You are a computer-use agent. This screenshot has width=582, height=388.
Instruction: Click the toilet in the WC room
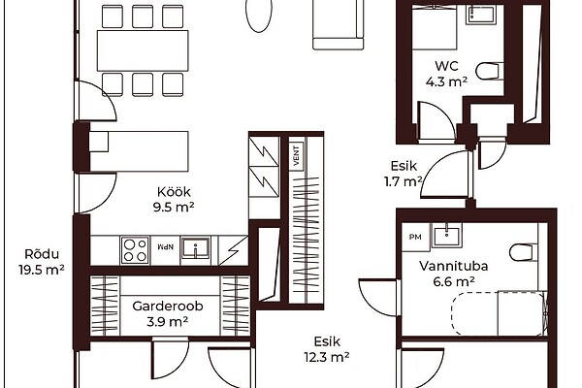click(x=489, y=71)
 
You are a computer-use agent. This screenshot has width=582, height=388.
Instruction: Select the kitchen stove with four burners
click(x=135, y=250)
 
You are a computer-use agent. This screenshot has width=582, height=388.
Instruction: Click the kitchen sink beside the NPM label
click(x=196, y=248)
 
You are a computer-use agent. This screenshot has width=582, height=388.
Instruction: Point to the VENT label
click(x=297, y=155)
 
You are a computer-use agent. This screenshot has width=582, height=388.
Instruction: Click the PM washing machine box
click(x=416, y=237)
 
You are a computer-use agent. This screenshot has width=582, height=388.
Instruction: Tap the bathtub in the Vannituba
click(x=500, y=313)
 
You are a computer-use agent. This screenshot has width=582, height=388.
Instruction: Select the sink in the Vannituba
click(x=447, y=236)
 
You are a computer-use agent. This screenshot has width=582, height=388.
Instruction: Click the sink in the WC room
click(x=480, y=14)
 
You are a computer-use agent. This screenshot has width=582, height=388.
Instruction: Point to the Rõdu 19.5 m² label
click(x=42, y=262)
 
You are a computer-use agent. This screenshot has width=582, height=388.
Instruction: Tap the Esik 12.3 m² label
click(x=327, y=349)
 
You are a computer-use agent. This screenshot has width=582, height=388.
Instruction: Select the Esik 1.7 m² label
click(x=404, y=174)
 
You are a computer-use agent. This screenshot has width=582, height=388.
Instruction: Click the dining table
click(x=143, y=50)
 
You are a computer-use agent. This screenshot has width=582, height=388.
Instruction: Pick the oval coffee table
click(x=259, y=15)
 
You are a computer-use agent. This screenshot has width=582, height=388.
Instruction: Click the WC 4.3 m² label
click(x=446, y=74)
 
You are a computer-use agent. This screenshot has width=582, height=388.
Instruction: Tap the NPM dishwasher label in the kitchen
click(x=166, y=246)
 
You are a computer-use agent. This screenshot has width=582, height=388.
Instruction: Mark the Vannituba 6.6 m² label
click(x=454, y=274)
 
